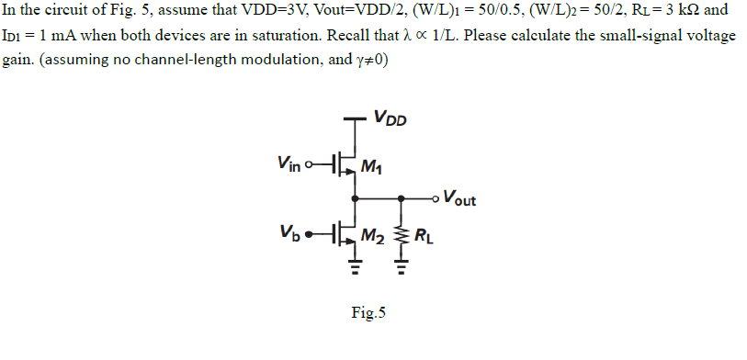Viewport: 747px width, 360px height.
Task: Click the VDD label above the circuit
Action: pos(390,118)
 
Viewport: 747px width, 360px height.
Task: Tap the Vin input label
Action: pos(288,162)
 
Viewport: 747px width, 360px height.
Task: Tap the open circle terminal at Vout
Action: pos(435,197)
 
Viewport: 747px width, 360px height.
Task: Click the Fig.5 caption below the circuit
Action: pos(368,313)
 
